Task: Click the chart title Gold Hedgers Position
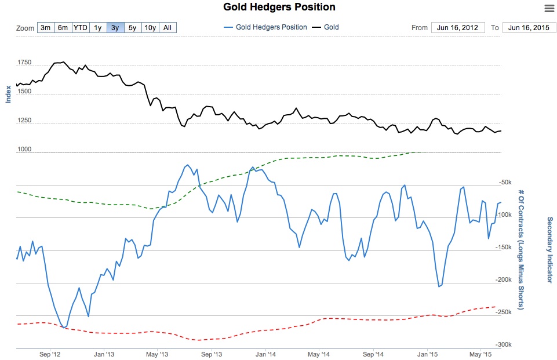click(279, 7)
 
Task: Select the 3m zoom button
click(45, 28)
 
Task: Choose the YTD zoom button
click(80, 28)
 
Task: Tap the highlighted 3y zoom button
click(115, 28)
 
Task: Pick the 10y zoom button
click(150, 28)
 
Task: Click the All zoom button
click(168, 28)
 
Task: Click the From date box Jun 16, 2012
click(458, 28)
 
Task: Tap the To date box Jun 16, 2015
click(529, 28)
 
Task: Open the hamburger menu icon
click(549, 8)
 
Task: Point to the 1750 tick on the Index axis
click(25, 62)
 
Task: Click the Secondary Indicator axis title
click(549, 250)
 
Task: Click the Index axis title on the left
click(8, 94)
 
